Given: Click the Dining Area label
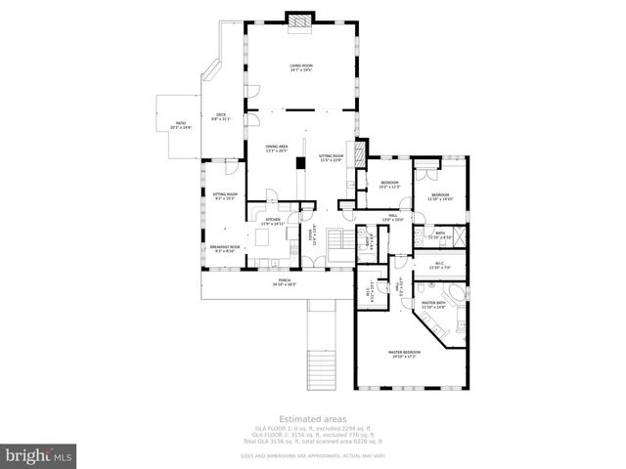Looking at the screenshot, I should coord(276,149).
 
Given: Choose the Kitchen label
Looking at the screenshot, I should coord(273,222).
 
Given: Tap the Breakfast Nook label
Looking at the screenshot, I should coord(225,248).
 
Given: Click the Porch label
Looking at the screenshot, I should coord(284,283).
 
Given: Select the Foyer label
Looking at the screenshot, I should coord(312,234).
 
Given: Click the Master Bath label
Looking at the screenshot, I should coord(434,305).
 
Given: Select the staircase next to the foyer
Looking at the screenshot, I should coord(335,241).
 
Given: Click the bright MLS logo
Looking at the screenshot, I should coord(39,455).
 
